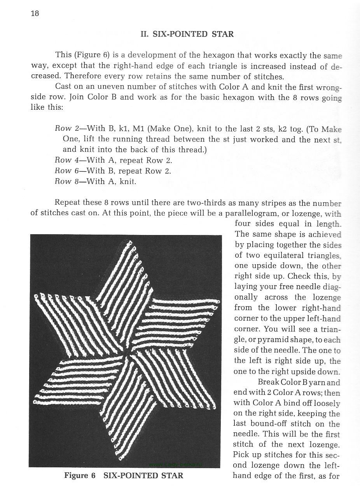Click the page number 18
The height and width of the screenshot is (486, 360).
pos(35,13)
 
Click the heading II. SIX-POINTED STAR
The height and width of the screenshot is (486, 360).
pos(187,34)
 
